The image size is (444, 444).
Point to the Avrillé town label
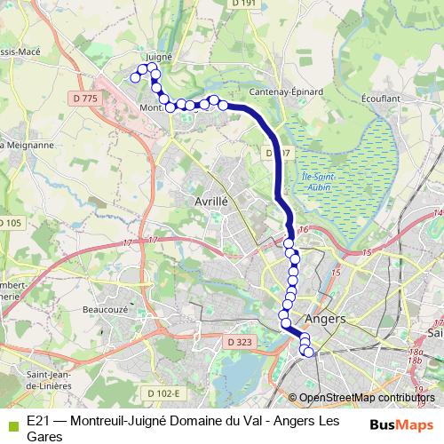coord(211,202)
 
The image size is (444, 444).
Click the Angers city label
coord(325,318)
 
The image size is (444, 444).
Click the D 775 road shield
coord(84,98)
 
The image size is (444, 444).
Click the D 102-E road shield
coord(163,392)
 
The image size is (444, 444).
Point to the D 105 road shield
coord(9,222)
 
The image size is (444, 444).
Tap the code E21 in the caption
coord(38,419)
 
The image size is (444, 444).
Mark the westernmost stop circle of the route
coord(135,77)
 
